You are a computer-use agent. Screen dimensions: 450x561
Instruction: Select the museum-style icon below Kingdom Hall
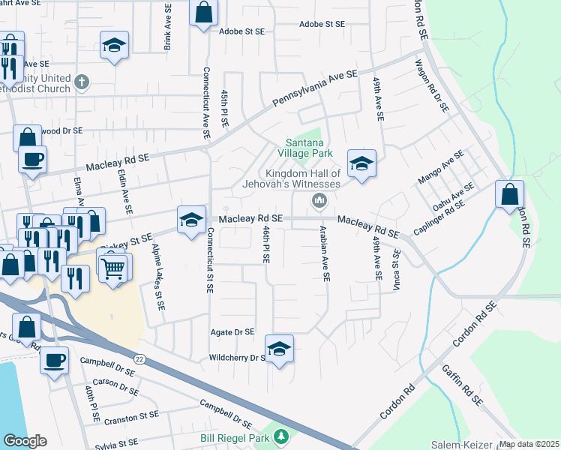coord(319,200)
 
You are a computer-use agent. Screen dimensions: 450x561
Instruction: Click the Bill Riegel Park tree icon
coord(281,436)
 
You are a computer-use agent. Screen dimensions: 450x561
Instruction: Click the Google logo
coord(25,441)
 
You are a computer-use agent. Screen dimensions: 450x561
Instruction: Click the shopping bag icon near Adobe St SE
coord(203,12)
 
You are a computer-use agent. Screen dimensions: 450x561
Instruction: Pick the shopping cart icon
coord(113,267)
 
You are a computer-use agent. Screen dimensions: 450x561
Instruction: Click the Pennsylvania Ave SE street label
coord(315,88)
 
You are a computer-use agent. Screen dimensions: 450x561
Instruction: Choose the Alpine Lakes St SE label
coord(157,277)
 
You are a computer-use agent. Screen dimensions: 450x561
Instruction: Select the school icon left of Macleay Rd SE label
coord(190,219)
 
